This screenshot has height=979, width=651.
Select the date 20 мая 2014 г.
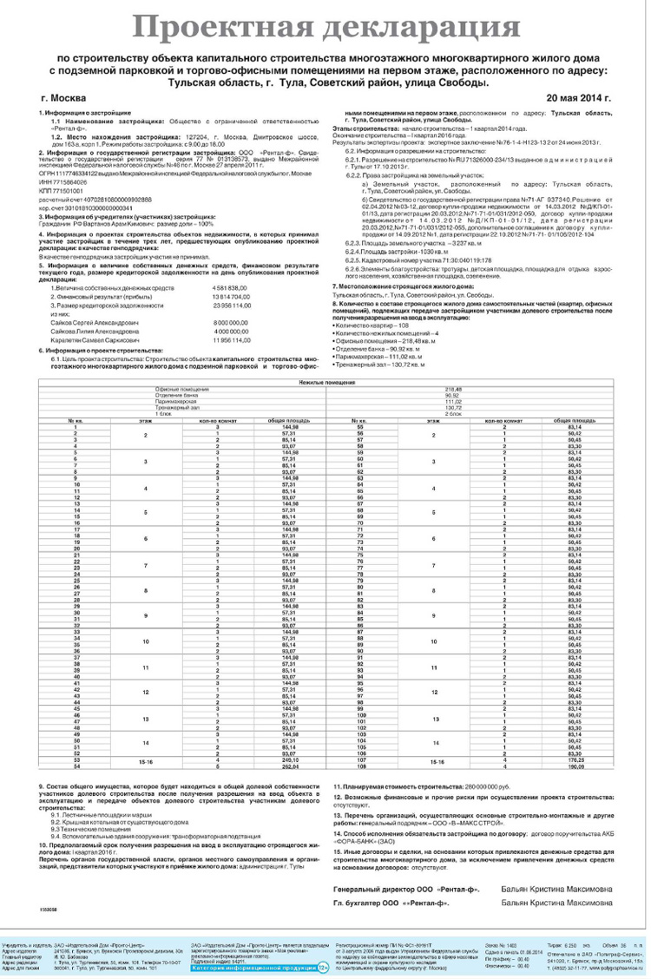[x=575, y=99]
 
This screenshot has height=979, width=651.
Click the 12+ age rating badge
[x=322, y=967]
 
